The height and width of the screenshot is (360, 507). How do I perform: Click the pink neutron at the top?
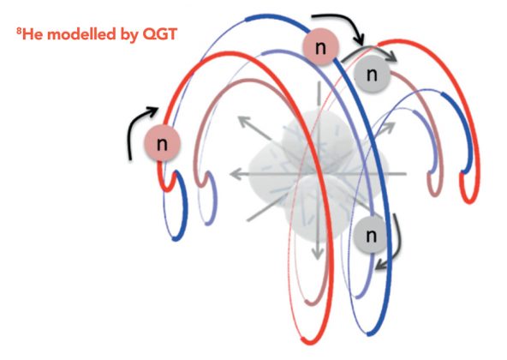pos(320,47)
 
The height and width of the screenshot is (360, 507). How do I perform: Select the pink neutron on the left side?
pos(162,143)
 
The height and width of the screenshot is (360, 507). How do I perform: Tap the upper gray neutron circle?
pos(372,74)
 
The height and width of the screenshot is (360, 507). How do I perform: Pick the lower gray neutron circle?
pos(371,235)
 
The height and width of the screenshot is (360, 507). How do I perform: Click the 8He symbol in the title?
pos(30,34)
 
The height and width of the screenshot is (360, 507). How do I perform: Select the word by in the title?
pos(129,35)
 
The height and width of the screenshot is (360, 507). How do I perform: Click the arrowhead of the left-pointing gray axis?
pos(236,174)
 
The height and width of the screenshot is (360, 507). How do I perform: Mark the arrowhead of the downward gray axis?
pos(318,252)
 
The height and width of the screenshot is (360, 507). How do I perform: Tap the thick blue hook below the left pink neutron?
pos(180,207)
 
